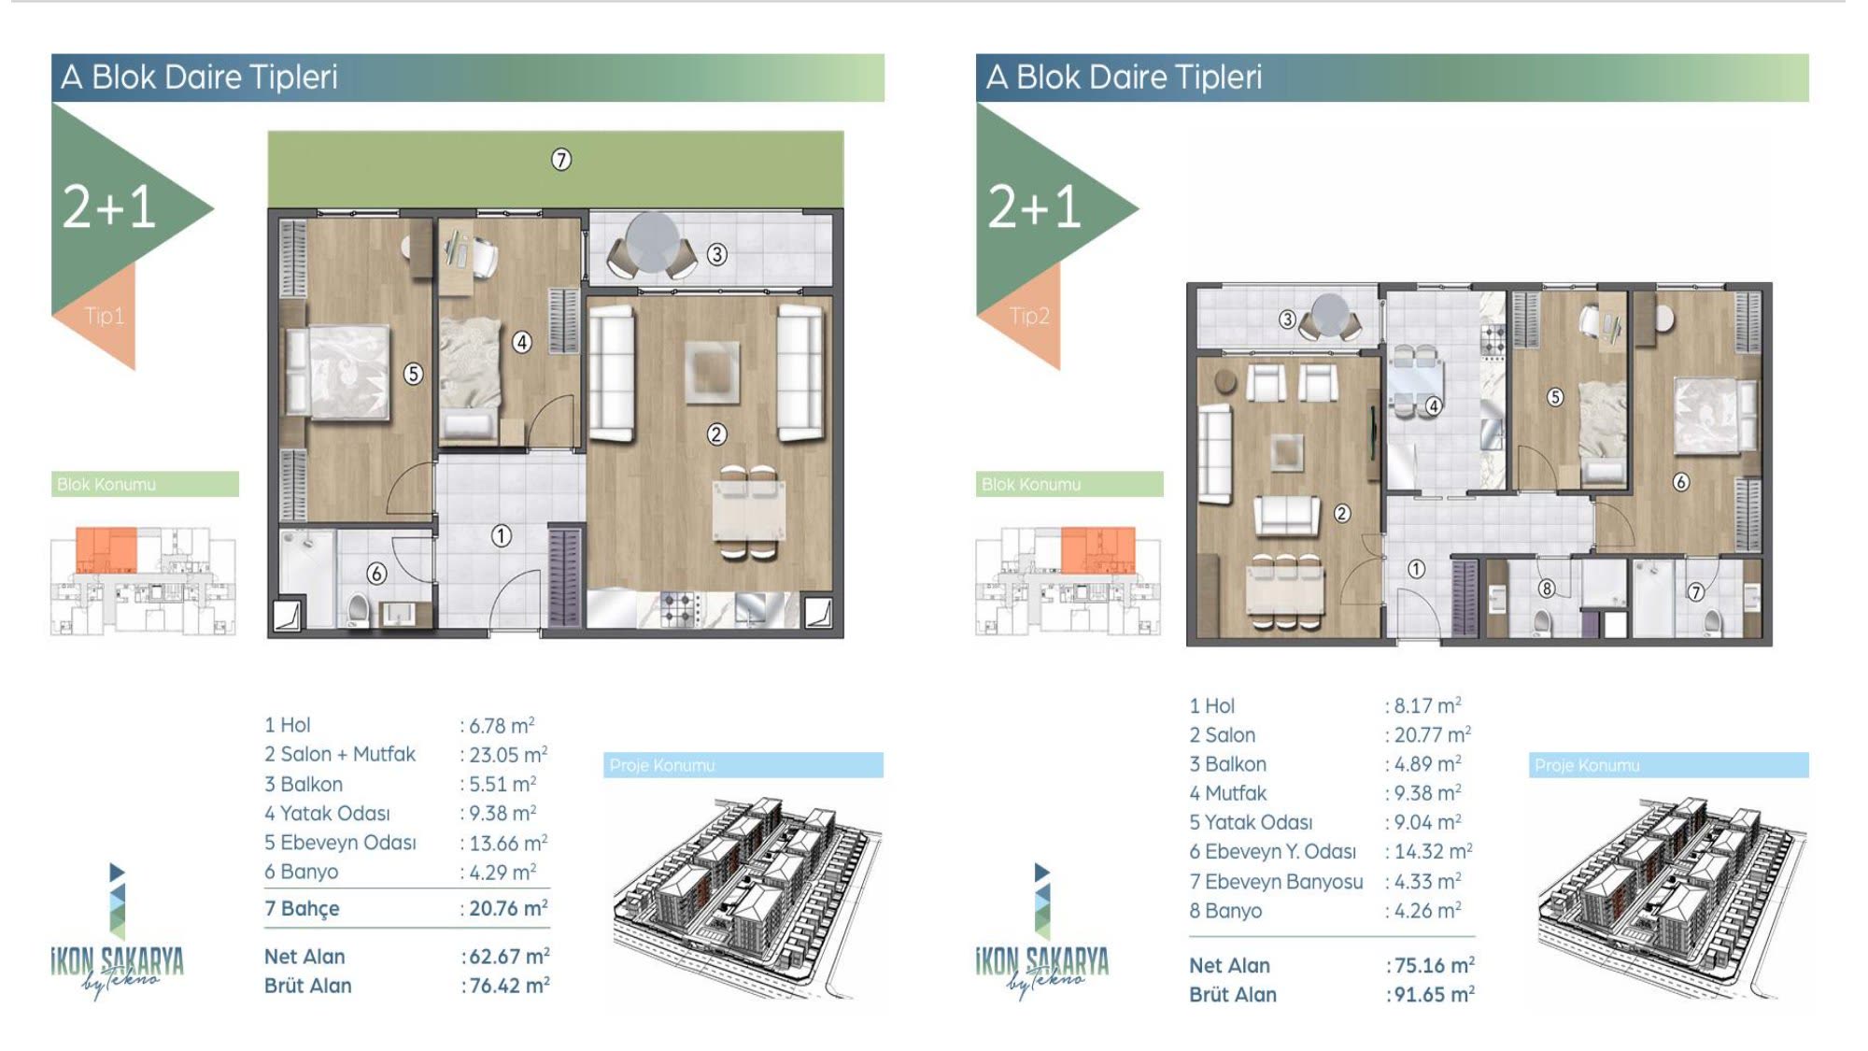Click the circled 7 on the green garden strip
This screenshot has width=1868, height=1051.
coord(560,160)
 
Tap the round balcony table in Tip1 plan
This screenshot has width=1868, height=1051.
coord(652,243)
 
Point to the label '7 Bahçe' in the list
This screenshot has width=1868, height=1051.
coord(302,908)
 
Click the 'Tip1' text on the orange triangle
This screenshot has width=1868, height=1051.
coord(104,316)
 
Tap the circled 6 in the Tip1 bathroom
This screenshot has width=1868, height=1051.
coord(376,574)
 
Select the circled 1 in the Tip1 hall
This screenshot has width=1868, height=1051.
coord(502,536)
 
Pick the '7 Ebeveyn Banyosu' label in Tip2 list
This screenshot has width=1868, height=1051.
coord(1276,882)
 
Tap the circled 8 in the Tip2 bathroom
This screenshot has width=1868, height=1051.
coord(1547,589)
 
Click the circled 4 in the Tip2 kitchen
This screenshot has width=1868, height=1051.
coord(1433,406)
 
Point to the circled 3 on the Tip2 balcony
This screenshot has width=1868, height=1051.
coord(1287,320)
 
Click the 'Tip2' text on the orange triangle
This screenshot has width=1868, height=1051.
coord(1029,316)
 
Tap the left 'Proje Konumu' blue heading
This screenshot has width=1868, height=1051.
coord(662,765)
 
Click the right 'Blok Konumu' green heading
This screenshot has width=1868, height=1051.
coord(1031,484)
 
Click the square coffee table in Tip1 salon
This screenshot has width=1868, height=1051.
coord(713,372)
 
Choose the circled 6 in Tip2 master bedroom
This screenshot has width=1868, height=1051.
coord(1681,482)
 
